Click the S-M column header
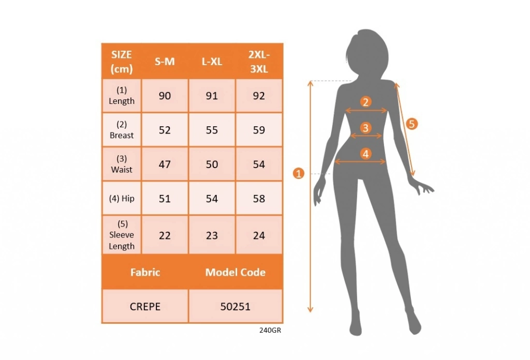point(165,62)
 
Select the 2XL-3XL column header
point(259,62)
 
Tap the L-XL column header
point(212,62)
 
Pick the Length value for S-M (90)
point(165,96)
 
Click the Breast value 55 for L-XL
point(212,130)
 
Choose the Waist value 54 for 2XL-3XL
point(259,164)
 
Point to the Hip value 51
point(165,199)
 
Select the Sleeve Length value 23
point(212,235)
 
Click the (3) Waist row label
point(122,164)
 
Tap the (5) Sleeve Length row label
point(122,235)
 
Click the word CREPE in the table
point(145,307)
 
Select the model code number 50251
point(235,307)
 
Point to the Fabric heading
point(145,272)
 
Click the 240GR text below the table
point(270,331)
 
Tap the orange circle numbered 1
point(299,174)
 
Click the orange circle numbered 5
point(411,124)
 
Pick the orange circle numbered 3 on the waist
point(366,128)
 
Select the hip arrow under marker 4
point(360,162)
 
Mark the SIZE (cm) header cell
point(122,62)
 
